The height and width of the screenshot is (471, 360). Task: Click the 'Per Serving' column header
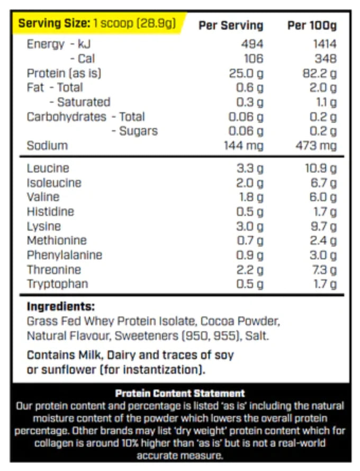(230, 25)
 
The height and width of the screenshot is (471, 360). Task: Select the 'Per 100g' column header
(311, 25)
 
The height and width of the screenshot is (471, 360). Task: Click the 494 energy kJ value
(251, 44)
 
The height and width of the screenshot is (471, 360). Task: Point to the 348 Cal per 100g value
(325, 58)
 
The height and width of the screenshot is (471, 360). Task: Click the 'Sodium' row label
(47, 146)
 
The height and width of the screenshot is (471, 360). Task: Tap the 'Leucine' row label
(48, 168)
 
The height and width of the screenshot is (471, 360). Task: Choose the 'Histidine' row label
(50, 212)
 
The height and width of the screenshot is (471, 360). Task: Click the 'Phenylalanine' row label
(64, 255)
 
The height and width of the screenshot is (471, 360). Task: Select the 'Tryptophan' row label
(57, 284)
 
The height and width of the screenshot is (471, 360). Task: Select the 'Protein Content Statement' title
(180, 393)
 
